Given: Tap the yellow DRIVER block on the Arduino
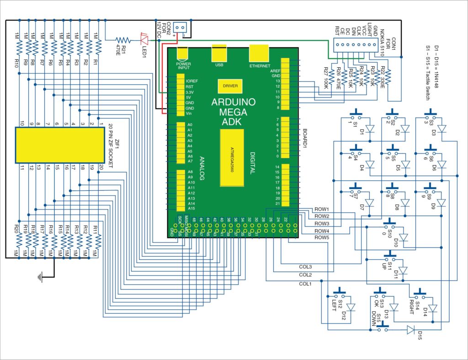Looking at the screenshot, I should point(230,86).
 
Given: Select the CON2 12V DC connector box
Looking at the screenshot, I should point(181,29).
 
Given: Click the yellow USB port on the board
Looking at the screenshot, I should point(219,54).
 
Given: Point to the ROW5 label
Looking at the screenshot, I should point(322,238).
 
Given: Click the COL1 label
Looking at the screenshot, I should point(305,284).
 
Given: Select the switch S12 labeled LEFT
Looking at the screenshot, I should point(339,296).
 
